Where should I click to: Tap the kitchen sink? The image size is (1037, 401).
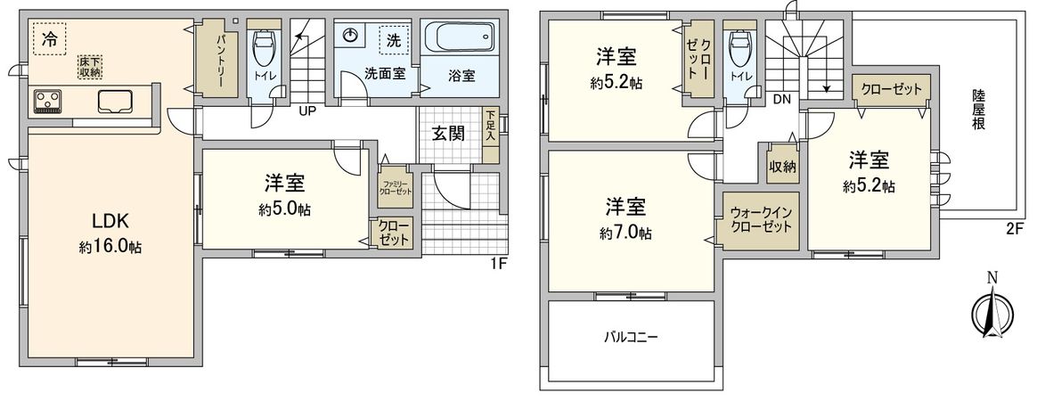pyautogui.click(x=114, y=102)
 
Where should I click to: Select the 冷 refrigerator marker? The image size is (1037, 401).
pyautogui.click(x=50, y=39)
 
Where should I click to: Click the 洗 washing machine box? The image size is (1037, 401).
pyautogui.click(x=391, y=39)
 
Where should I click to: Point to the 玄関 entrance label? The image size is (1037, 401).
pyautogui.click(x=448, y=134)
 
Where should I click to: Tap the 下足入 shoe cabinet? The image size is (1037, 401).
pyautogui.click(x=490, y=135)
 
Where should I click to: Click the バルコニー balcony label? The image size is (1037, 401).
pyautogui.click(x=631, y=338)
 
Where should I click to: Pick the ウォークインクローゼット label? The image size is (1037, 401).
pyautogui.click(x=760, y=220)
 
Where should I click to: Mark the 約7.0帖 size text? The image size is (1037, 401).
pyautogui.click(x=626, y=233)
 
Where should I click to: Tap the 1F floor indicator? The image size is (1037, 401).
pyautogui.click(x=500, y=264)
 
